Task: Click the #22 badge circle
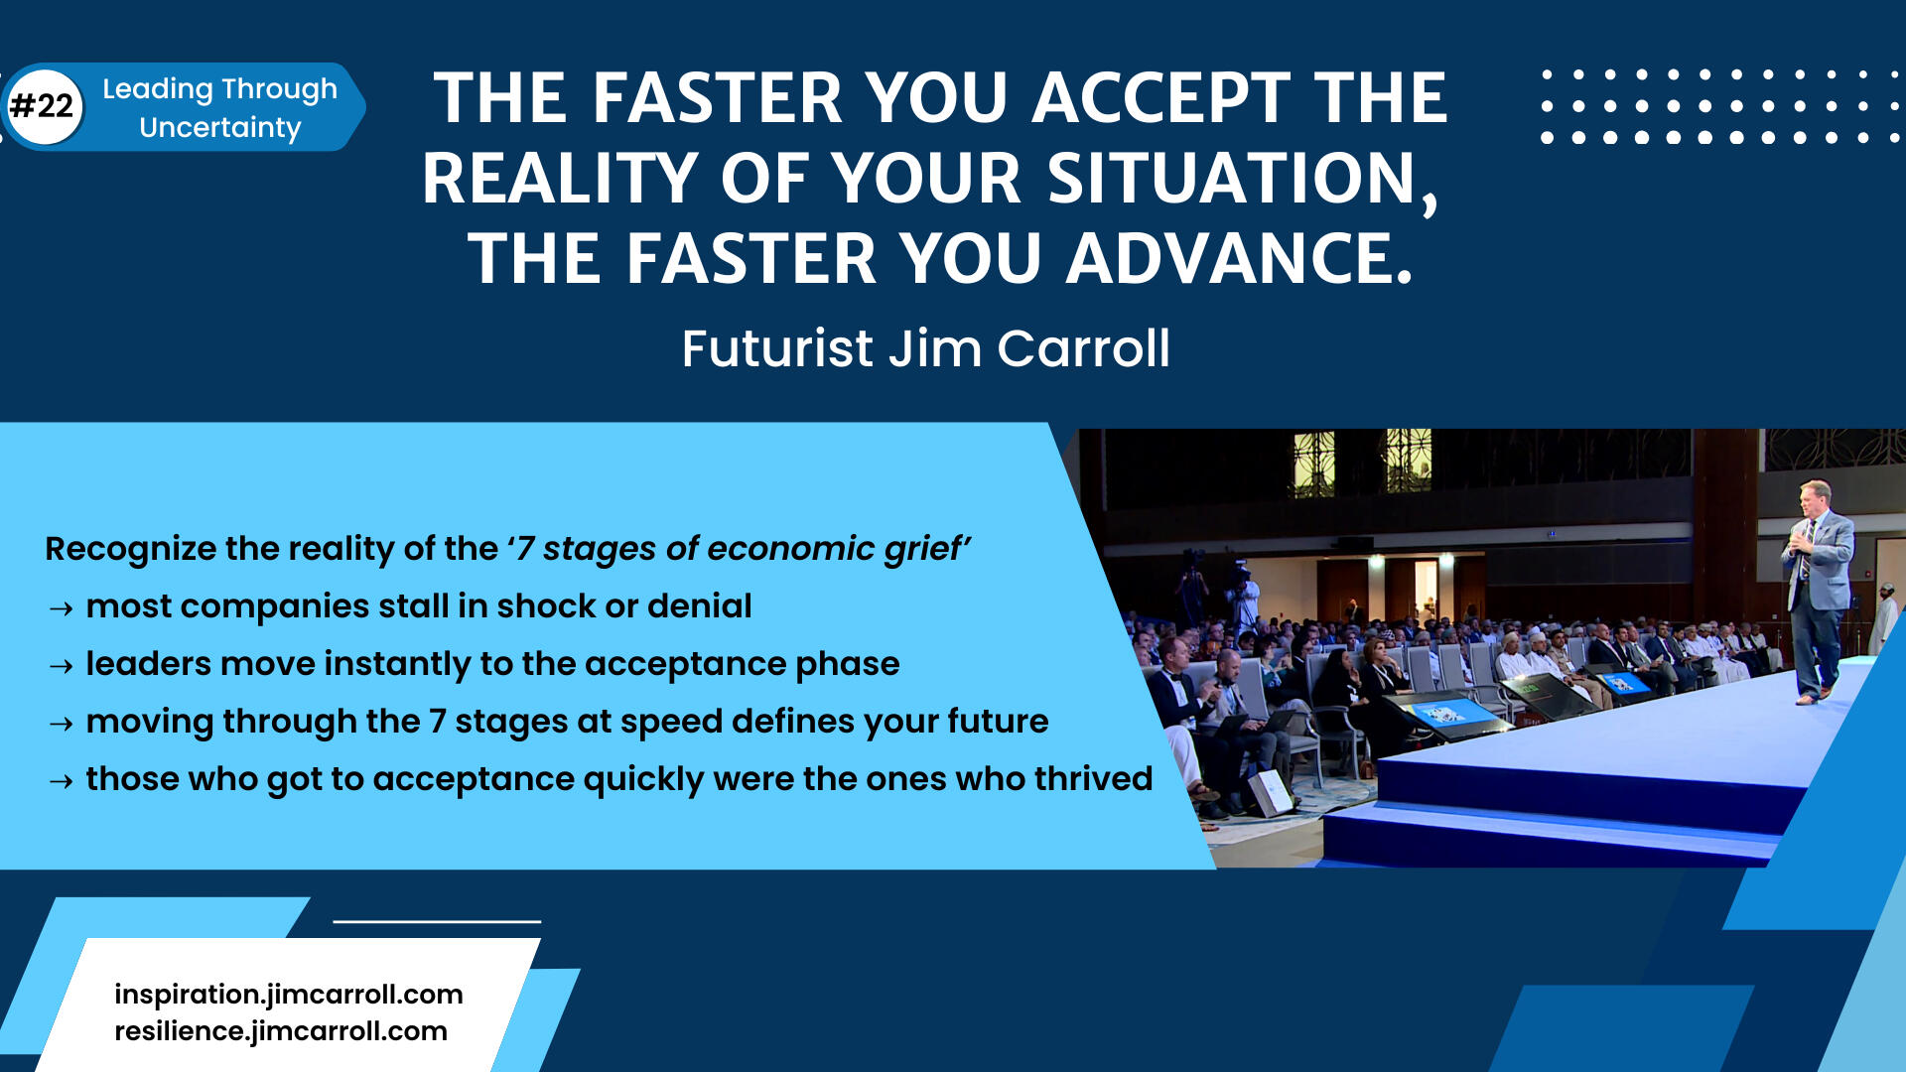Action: [44, 106]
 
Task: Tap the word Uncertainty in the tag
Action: [220, 128]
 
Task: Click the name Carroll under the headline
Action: [1083, 349]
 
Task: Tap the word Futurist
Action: [777, 349]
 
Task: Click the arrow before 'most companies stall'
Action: [61, 608]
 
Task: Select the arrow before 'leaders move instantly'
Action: [61, 666]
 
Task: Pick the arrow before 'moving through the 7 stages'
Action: [61, 724]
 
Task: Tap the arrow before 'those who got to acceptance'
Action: [61, 781]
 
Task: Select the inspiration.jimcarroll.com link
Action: [289, 995]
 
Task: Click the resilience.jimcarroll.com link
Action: [281, 1031]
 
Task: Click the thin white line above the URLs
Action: [437, 921]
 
